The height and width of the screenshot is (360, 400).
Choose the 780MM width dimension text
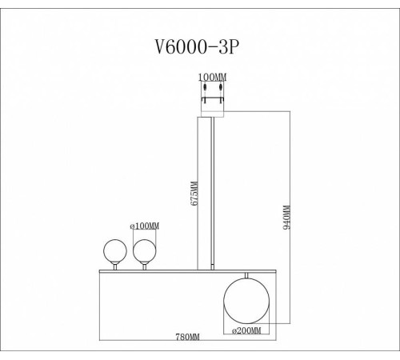click(186, 338)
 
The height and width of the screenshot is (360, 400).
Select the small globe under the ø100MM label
click(144, 252)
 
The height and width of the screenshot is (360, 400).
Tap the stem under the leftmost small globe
click(114, 267)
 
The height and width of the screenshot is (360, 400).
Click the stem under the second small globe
click(144, 267)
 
